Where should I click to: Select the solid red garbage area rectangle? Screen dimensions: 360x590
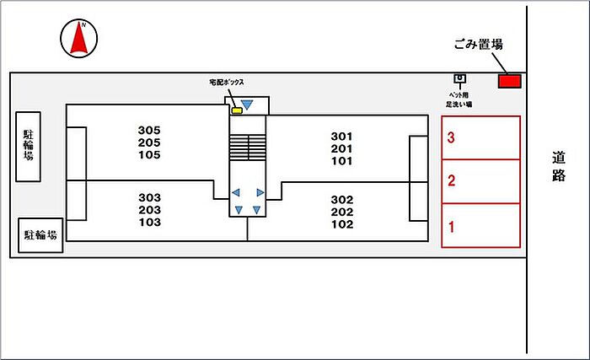[x=509, y=81]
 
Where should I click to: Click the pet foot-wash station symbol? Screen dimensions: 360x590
[x=459, y=80]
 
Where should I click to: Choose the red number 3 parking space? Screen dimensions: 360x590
[x=480, y=137]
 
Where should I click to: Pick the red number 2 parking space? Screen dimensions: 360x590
[x=480, y=180]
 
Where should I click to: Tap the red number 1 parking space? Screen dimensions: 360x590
[x=480, y=225]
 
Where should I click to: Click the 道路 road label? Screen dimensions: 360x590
[x=559, y=166]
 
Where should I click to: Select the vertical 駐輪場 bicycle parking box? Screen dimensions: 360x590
[x=29, y=146]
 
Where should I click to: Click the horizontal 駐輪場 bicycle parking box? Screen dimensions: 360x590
[x=41, y=235]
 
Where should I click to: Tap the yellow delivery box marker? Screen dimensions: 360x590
[x=237, y=110]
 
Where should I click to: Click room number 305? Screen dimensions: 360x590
[x=149, y=130]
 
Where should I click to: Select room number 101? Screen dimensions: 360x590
[x=341, y=161]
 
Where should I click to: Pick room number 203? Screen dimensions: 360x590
[x=149, y=210]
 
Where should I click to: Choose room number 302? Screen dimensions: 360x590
[x=341, y=200]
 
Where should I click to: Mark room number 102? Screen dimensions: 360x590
[x=341, y=224]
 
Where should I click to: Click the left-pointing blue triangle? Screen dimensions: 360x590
[x=236, y=192]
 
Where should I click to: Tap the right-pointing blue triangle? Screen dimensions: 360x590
[x=260, y=192]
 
